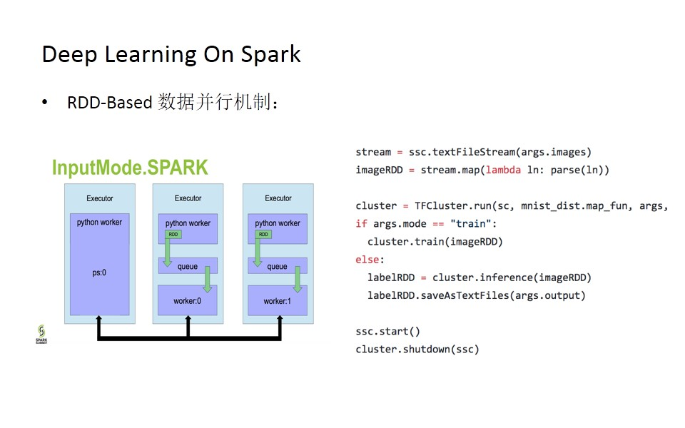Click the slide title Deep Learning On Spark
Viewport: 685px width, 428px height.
pyautogui.click(x=171, y=55)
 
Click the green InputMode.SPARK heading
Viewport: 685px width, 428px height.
pyautogui.click(x=130, y=168)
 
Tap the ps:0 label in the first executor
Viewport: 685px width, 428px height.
pyautogui.click(x=99, y=272)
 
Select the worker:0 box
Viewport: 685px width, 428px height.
pyautogui.click(x=188, y=300)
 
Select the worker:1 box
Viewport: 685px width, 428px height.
pyautogui.click(x=278, y=300)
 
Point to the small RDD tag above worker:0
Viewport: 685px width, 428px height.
pyautogui.click(x=173, y=234)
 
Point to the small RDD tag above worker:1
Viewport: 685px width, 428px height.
pyautogui.click(x=263, y=234)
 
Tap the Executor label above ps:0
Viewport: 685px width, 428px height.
pyautogui.click(x=99, y=198)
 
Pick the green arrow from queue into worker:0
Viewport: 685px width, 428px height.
pyautogui.click(x=208, y=279)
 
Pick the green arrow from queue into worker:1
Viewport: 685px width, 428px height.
pyautogui.click(x=297, y=279)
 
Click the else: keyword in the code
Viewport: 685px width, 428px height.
pyautogui.click(x=370, y=260)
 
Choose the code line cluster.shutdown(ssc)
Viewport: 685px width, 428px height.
pyautogui.click(x=417, y=349)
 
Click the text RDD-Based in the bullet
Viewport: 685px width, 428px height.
pyautogui.click(x=109, y=103)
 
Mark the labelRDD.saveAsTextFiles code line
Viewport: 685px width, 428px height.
pyautogui.click(x=476, y=295)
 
